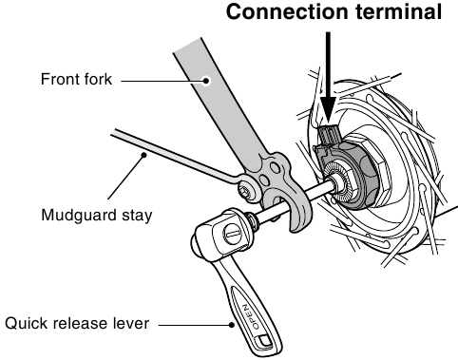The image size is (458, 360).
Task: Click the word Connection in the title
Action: click(287, 11)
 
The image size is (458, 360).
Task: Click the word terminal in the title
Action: click(399, 11)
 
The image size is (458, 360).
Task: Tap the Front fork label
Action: click(76, 79)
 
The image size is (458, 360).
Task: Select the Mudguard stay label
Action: click(97, 216)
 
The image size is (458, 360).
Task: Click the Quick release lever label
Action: click(77, 324)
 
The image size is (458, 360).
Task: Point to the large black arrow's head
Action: click(328, 110)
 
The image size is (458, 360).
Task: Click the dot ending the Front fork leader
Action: click(206, 81)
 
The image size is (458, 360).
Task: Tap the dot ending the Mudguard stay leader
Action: click(144, 155)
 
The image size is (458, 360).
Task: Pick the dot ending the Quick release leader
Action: click(232, 325)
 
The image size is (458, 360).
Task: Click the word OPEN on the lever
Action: click(250, 316)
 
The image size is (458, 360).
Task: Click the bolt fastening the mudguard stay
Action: click(246, 190)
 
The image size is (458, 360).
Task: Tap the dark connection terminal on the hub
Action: click(328, 135)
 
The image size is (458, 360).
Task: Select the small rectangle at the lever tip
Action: click(263, 340)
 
